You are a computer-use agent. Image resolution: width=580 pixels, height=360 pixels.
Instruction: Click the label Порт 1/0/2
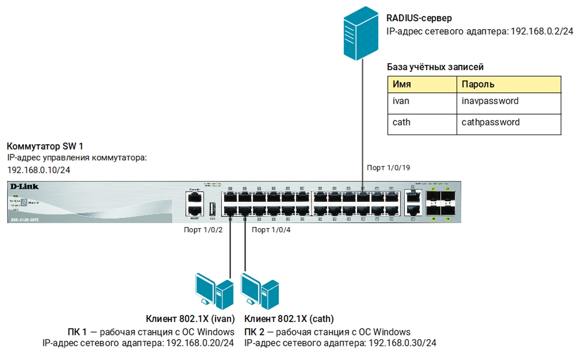[203, 230]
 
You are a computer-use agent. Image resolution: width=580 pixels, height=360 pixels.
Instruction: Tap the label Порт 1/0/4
[271, 230]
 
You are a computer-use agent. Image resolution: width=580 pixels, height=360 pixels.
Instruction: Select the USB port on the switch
[212, 210]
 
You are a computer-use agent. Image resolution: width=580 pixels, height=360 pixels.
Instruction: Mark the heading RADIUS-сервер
[419, 18]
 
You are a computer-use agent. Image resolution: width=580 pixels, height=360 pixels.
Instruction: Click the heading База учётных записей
[435, 67]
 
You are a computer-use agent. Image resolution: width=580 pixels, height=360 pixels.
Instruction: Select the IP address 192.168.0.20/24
[200, 343]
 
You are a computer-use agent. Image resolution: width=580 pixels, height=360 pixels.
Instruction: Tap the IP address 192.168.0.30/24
[402, 343]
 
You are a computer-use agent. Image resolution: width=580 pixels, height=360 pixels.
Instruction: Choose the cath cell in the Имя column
[401, 122]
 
